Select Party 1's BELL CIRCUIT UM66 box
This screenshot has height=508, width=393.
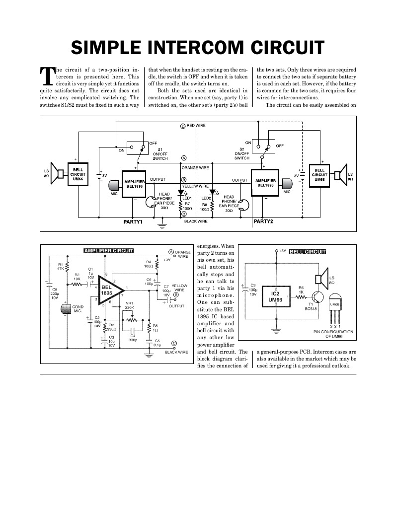[x=78, y=175]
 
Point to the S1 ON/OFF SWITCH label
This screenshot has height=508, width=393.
[x=159, y=154]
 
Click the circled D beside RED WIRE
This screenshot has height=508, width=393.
[x=182, y=126]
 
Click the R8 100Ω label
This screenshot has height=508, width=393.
[x=204, y=207]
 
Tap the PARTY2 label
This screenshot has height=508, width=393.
[x=263, y=221]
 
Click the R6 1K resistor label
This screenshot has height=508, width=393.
[x=301, y=290]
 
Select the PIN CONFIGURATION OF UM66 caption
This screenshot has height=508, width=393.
[x=333, y=334]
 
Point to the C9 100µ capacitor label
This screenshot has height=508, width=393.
[x=252, y=289]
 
